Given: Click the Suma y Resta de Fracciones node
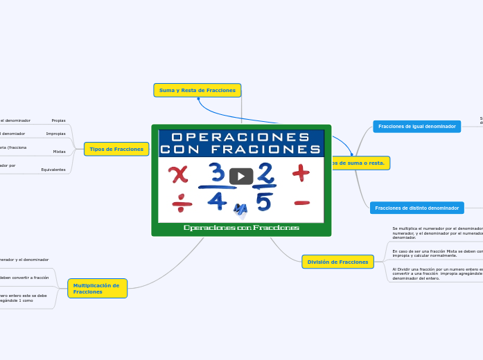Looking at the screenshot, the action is click(197, 91).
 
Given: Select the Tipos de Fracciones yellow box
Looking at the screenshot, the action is click(116, 149).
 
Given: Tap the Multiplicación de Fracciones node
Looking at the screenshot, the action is click(97, 288).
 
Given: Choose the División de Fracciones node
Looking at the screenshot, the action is click(337, 262).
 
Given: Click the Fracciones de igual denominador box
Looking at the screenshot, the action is click(416, 127).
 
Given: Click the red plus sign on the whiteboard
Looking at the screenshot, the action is click(301, 172).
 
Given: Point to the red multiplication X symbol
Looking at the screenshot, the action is click(179, 174).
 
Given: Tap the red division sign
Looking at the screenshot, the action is click(182, 202).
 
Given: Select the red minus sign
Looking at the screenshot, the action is click(301, 203).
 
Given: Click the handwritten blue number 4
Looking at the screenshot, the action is click(216, 201).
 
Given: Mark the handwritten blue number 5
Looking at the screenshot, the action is click(264, 201).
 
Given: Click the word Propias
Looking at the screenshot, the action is click(58, 120).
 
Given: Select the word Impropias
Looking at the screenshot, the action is click(55, 134).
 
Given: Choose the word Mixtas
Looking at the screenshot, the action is click(60, 151).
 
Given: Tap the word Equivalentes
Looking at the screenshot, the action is click(53, 170).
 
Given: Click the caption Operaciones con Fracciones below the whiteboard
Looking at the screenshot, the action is click(241, 228).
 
